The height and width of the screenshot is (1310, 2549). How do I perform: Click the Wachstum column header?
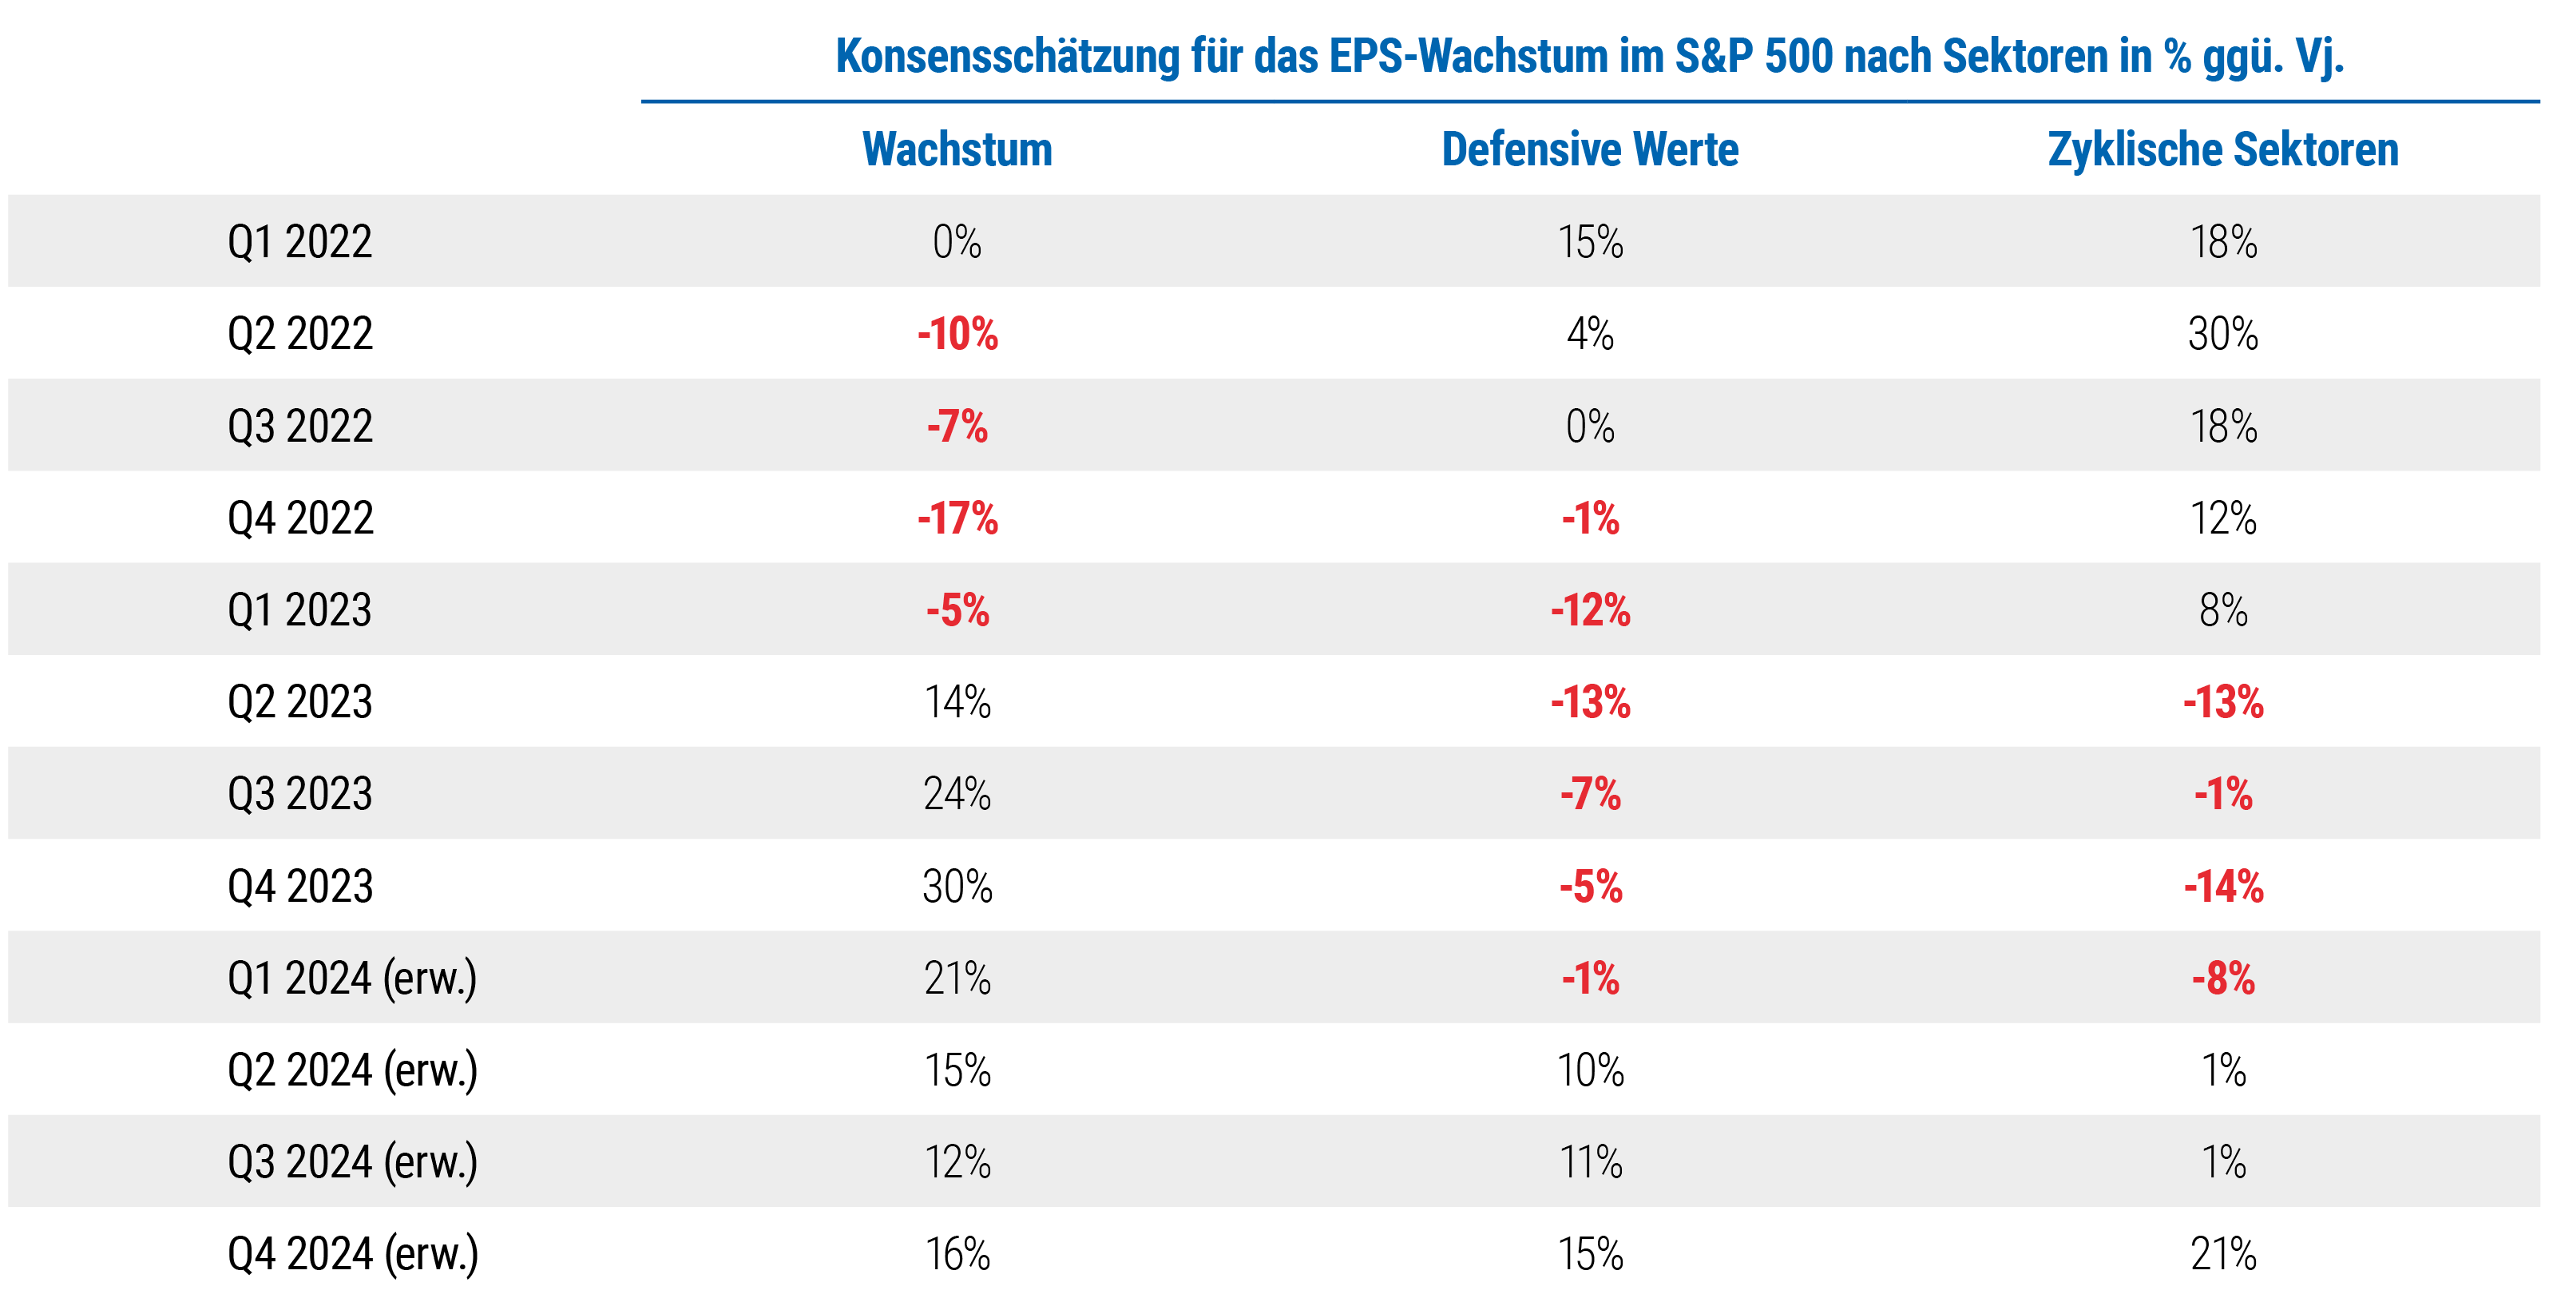pos(957,149)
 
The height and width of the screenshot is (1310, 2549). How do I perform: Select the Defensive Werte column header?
pos(1589,149)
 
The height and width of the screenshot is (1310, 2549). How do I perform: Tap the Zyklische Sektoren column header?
pos(2222,149)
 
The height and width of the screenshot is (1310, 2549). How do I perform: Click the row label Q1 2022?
pos(299,241)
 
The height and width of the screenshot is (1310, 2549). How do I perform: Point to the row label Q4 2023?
pos(299,887)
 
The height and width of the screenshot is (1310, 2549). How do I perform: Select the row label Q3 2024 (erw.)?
pos(352,1162)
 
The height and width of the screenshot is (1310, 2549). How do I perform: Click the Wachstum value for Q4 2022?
pos(957,518)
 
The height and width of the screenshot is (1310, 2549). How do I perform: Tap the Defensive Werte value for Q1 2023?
pos(1589,610)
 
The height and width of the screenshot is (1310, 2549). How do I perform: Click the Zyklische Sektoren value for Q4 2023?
pos(2222,887)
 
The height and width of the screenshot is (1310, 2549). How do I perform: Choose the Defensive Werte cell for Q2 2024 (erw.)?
pos(1589,1070)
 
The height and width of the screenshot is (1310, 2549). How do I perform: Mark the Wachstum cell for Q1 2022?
pos(957,241)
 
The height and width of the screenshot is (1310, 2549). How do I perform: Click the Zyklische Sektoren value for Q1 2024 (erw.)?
pos(2222,979)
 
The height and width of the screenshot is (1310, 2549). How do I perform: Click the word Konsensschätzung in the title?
pos(1007,57)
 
